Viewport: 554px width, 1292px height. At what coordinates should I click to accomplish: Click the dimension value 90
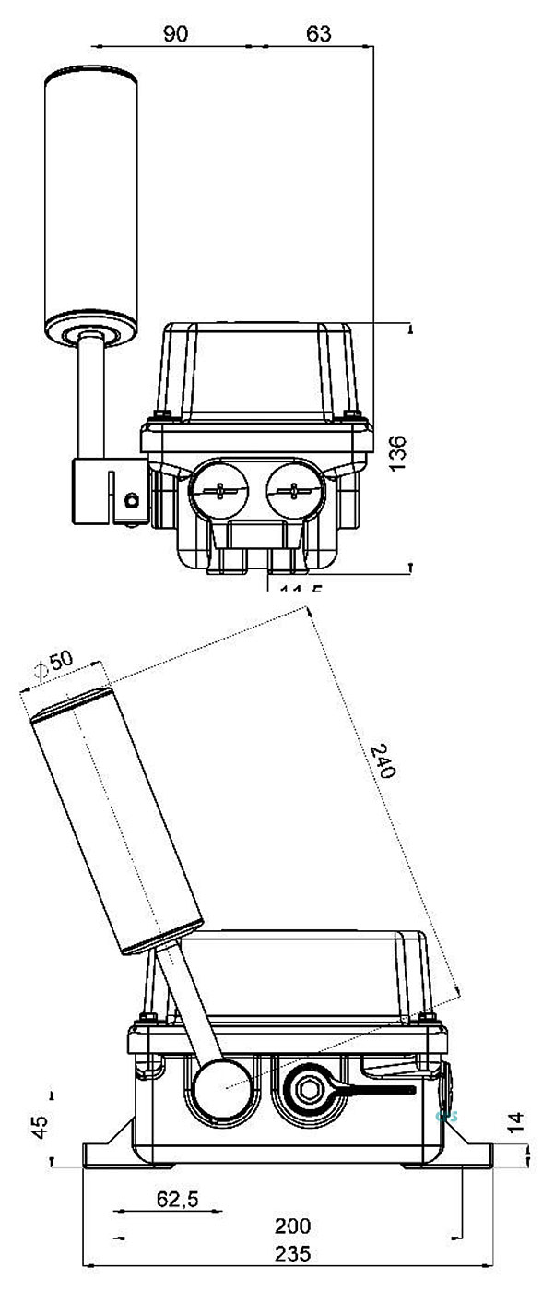[175, 34]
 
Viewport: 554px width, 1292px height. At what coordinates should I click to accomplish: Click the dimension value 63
[318, 34]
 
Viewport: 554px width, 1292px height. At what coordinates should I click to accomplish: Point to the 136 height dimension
[397, 453]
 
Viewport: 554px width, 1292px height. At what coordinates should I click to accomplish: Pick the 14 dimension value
[517, 1122]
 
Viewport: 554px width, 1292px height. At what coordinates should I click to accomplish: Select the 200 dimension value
[293, 1226]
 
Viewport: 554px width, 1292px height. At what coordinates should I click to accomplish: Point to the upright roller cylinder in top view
[91, 208]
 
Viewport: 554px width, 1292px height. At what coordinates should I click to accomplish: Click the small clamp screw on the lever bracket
[131, 499]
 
